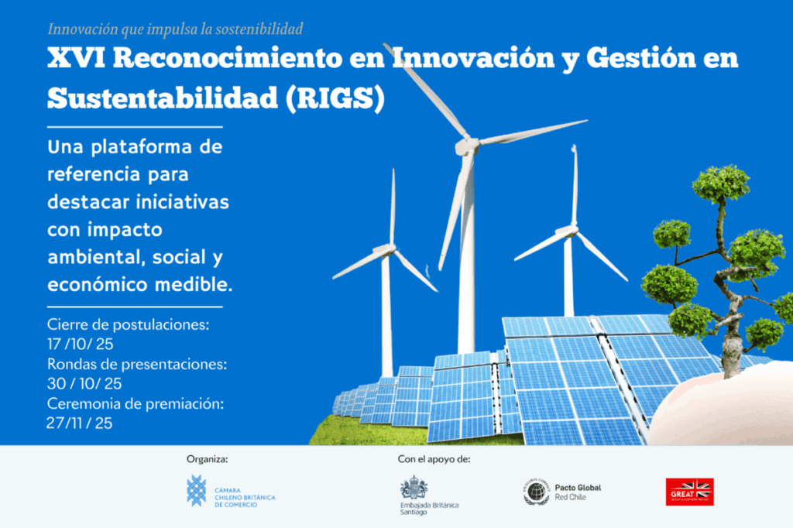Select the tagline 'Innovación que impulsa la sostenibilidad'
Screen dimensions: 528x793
(175, 29)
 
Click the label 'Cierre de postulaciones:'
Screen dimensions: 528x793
(128, 324)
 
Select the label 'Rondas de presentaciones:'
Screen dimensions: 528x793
(136, 364)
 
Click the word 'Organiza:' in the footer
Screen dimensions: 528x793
(207, 459)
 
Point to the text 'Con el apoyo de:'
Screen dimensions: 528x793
(434, 459)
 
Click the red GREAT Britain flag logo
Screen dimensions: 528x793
(689, 492)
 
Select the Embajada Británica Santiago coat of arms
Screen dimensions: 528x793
(414, 488)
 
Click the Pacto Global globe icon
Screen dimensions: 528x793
(536, 492)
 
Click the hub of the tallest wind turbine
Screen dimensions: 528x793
(467, 144)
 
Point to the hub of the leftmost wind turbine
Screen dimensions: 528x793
(385, 250)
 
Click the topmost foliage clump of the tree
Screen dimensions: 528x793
(720, 183)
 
